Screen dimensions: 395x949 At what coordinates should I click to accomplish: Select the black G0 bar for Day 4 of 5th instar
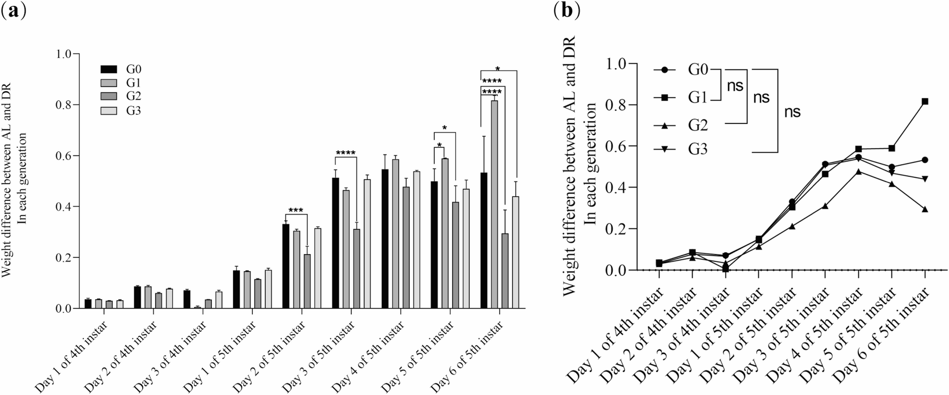tap(385, 239)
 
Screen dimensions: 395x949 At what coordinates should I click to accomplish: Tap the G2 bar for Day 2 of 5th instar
tap(307, 282)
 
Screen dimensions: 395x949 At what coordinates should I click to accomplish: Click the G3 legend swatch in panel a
tap(109, 111)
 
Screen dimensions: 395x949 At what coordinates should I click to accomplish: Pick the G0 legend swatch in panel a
tap(109, 69)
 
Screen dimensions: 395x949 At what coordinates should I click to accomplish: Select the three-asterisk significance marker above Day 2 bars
tap(296, 211)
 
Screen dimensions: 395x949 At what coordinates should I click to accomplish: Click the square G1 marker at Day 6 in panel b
tap(925, 102)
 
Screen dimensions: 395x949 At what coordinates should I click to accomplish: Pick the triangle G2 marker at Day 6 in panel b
tap(925, 209)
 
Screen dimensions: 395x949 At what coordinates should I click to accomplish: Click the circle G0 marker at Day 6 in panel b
tap(925, 160)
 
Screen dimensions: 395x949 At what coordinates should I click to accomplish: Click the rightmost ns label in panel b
tap(793, 112)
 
